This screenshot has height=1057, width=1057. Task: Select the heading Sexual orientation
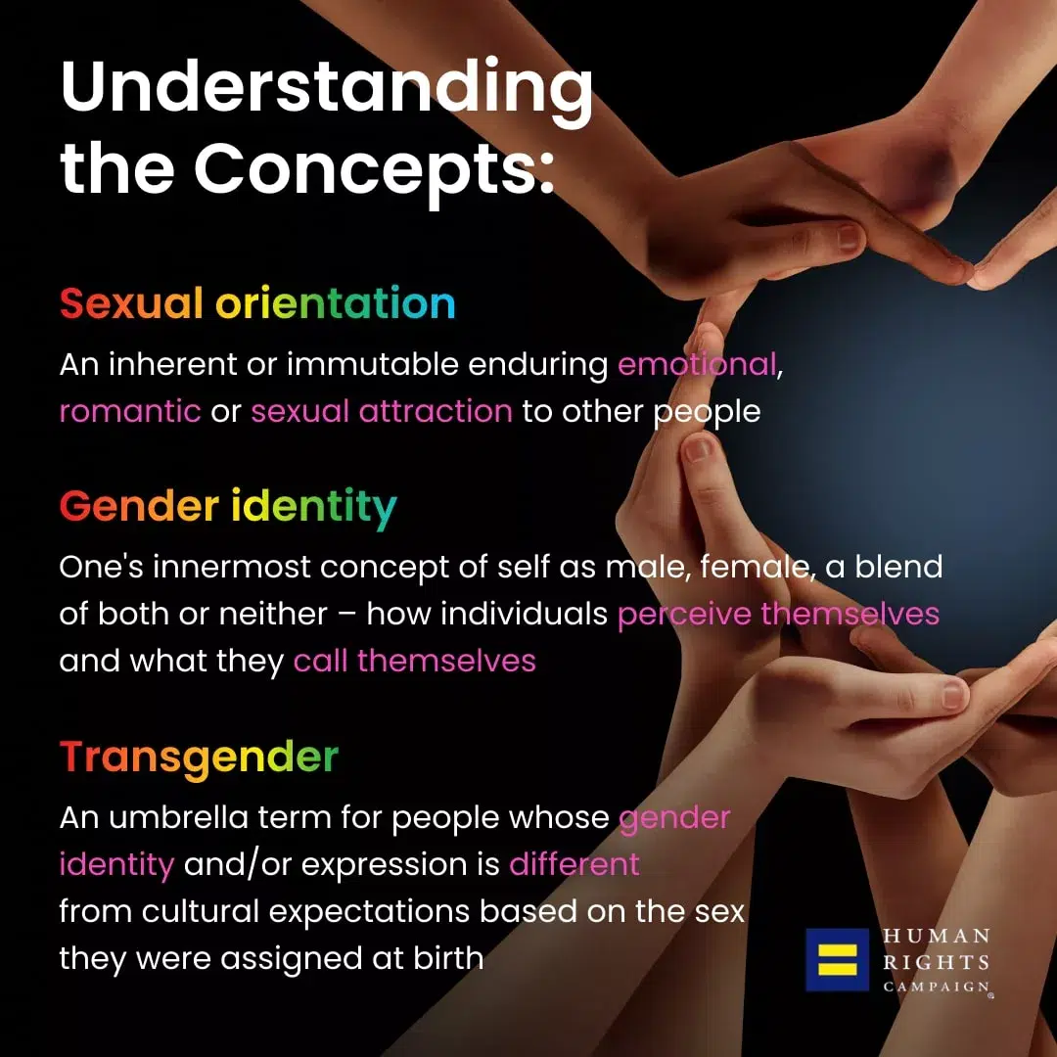pyautogui.click(x=257, y=303)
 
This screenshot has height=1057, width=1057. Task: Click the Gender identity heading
pyautogui.click(x=228, y=507)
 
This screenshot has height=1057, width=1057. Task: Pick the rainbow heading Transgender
pyautogui.click(x=199, y=758)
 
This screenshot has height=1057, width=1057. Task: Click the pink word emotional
pyautogui.click(x=697, y=365)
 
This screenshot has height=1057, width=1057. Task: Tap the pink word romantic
pyautogui.click(x=130, y=411)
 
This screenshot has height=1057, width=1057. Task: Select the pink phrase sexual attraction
pyautogui.click(x=382, y=411)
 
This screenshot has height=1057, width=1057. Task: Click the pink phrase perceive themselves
pyautogui.click(x=779, y=614)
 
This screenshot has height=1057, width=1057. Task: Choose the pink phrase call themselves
pyautogui.click(x=415, y=661)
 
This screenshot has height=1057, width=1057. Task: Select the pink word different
pyautogui.click(x=574, y=864)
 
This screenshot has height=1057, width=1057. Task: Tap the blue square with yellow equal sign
pyautogui.click(x=837, y=960)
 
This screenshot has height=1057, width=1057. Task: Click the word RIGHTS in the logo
pyautogui.click(x=937, y=962)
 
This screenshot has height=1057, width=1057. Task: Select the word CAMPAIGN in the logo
pyautogui.click(x=937, y=987)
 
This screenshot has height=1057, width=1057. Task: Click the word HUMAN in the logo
pyautogui.click(x=937, y=937)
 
